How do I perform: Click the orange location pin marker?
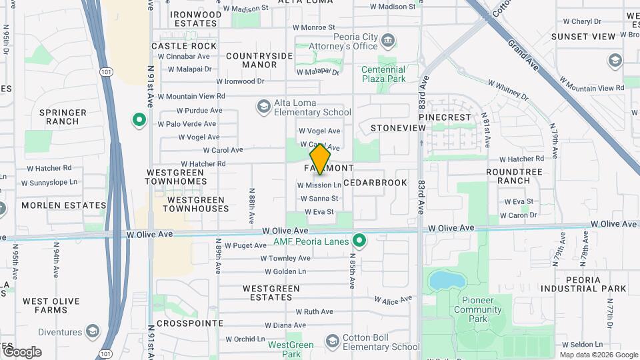(320, 159)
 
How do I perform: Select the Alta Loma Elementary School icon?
(264, 107)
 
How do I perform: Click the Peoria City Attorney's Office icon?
(387, 43)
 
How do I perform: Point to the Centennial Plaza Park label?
(383, 74)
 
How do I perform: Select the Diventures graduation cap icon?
(93, 331)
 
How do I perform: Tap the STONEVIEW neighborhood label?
(398, 127)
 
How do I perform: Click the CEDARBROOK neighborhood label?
(375, 182)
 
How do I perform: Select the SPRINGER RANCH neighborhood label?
(63, 117)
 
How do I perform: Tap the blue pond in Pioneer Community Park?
(442, 281)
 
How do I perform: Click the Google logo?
(21, 351)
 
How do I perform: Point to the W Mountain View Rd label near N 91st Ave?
(191, 96)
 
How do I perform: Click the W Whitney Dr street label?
(508, 91)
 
